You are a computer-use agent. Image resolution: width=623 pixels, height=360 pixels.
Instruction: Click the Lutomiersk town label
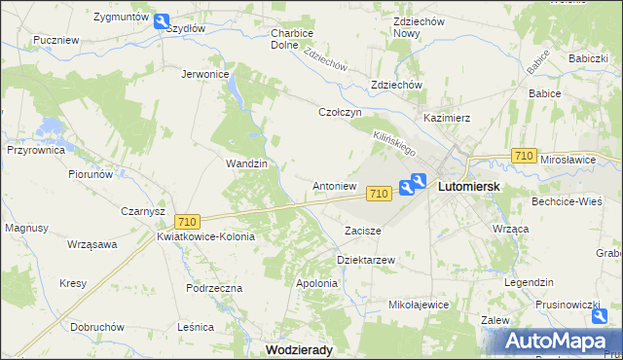pos(469,185)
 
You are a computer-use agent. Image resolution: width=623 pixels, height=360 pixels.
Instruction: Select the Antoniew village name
pos(334,185)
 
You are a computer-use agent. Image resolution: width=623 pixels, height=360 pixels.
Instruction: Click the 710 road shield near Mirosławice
pos(524,157)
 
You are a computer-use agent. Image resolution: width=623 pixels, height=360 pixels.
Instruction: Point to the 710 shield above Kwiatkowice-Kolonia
pos(189,222)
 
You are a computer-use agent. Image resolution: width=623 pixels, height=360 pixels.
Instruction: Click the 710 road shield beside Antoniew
pos(380,195)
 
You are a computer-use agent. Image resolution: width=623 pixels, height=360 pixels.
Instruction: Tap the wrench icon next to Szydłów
pos(162,20)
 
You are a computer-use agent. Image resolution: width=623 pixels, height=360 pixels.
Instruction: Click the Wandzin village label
pos(246,163)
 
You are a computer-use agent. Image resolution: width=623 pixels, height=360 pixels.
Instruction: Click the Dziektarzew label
pos(365,261)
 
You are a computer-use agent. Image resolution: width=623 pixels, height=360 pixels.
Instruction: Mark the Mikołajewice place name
pos(419,305)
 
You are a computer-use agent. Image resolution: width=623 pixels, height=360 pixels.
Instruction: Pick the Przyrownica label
pos(36,151)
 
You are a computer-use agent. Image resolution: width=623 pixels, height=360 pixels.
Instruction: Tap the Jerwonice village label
pos(205,74)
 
